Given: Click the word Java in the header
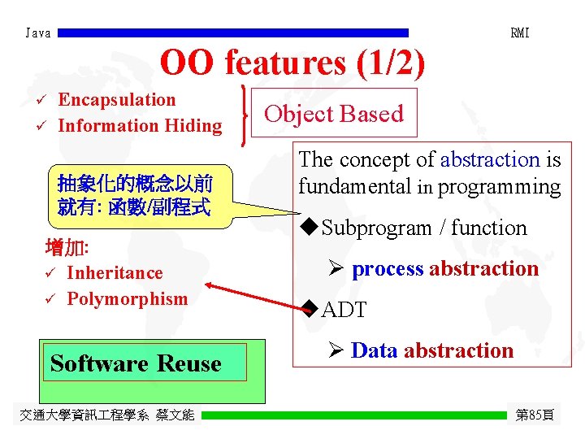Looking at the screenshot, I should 38,33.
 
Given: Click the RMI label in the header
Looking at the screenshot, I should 520,33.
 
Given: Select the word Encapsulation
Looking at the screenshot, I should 117,100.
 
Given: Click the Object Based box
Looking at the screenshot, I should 334,114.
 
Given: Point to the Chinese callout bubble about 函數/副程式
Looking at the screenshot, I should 135,193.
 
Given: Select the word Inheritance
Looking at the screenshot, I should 115,273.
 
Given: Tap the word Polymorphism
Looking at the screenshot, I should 127,299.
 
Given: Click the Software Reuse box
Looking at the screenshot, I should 136,363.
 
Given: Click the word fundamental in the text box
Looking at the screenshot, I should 354,186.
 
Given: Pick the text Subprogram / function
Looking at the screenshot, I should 424,228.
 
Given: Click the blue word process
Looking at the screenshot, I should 388,269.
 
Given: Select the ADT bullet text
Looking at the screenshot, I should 344,310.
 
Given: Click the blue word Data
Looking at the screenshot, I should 374,351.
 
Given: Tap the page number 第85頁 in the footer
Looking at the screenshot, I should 535,415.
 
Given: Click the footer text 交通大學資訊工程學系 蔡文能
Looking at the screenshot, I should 107,415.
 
